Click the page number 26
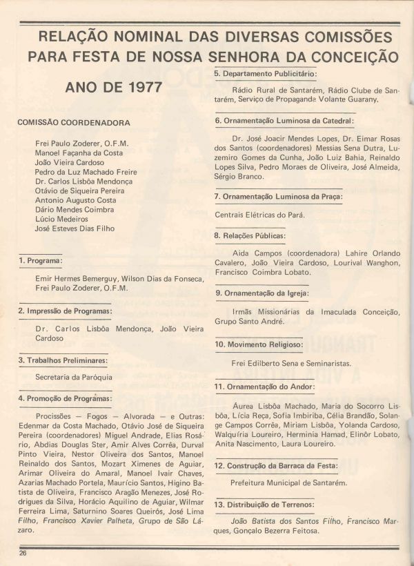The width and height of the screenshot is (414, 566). point(23,553)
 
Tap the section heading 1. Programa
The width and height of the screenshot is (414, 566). point(41,261)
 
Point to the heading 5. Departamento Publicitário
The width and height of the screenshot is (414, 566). point(265,73)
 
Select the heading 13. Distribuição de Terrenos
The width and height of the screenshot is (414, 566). point(264,505)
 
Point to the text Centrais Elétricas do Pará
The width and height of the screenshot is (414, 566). point(259,215)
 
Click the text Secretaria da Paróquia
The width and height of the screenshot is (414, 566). point(74,378)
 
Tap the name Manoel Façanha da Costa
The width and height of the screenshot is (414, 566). point(79,153)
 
